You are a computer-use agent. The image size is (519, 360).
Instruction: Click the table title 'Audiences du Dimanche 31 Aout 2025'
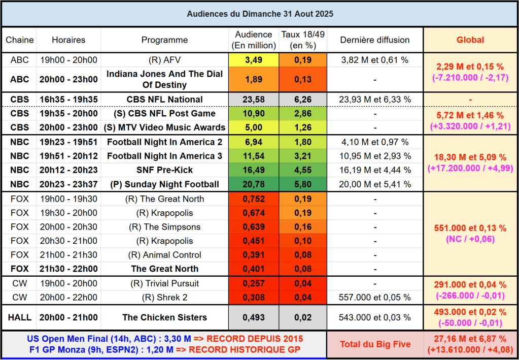click(260, 14)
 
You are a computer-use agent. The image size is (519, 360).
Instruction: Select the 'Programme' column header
click(164, 40)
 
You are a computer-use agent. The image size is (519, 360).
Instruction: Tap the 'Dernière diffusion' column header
click(374, 40)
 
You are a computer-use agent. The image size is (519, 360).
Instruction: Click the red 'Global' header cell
click(470, 40)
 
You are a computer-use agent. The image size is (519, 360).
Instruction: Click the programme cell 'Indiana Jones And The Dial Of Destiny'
click(164, 79)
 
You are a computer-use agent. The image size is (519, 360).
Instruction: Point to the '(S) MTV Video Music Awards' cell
click(164, 127)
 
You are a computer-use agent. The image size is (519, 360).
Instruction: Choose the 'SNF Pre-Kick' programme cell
click(164, 170)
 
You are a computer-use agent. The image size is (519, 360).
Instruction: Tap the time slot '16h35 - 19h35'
click(68, 99)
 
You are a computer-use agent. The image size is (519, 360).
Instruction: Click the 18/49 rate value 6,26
click(303, 99)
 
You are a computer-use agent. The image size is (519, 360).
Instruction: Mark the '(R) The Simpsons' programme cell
click(164, 226)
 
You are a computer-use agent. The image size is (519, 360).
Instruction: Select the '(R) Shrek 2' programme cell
click(164, 298)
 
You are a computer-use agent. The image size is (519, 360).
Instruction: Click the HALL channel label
click(20, 317)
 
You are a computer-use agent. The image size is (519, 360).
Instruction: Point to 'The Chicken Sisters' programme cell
click(164, 317)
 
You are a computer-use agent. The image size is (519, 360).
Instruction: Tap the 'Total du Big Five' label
click(375, 344)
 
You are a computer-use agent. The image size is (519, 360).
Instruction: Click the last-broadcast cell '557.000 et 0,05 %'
click(374, 298)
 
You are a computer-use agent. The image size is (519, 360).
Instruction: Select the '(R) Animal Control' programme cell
click(164, 255)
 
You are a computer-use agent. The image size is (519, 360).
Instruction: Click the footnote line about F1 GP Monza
click(164, 349)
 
